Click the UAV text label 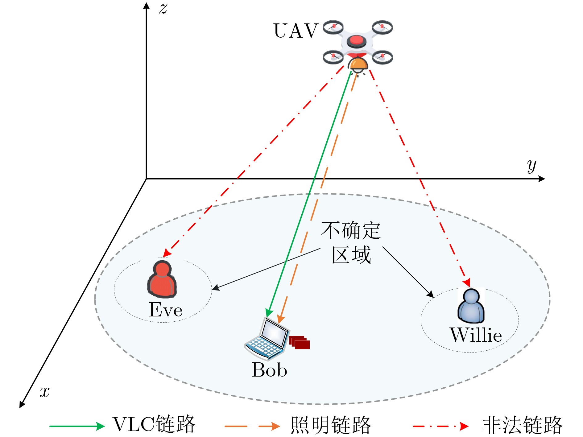pyautogui.click(x=296, y=31)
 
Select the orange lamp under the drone pyautogui.click(x=358, y=64)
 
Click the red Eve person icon pyautogui.click(x=162, y=279)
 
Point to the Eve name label pyautogui.click(x=166, y=310)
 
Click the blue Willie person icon pyautogui.click(x=471, y=305)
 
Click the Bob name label pyautogui.click(x=269, y=370)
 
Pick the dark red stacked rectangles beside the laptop pyautogui.click(x=300, y=342)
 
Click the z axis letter pyautogui.click(x=163, y=8)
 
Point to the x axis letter pyautogui.click(x=44, y=392)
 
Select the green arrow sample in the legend pyautogui.click(x=77, y=426)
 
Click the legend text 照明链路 pyautogui.click(x=331, y=425)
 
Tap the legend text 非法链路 pyautogui.click(x=522, y=425)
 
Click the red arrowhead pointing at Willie pyautogui.click(x=467, y=282)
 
